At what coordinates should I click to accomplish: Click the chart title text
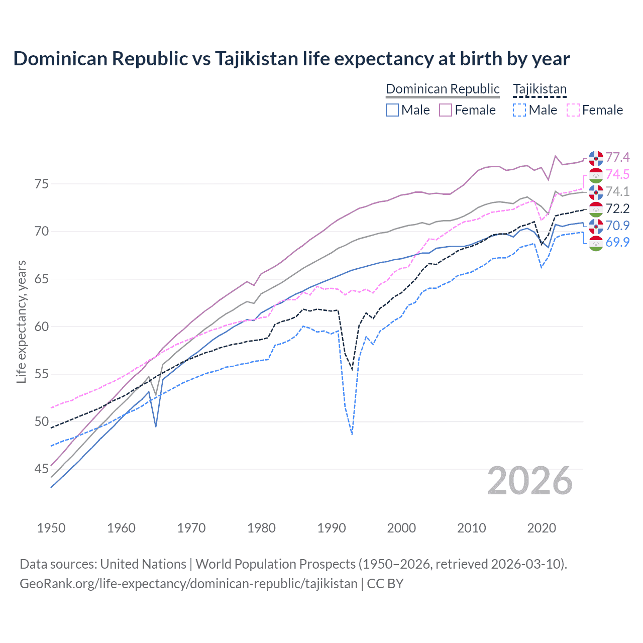[x=291, y=59]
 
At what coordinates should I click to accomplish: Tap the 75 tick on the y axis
[x=42, y=184]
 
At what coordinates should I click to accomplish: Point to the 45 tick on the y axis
[x=42, y=469]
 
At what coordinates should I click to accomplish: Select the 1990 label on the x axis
[x=332, y=528]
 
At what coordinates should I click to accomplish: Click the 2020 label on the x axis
[x=542, y=528]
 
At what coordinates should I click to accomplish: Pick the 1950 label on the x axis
[x=51, y=528]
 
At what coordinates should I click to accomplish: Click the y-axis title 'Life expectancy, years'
[x=22, y=321]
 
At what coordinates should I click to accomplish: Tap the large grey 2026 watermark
[x=530, y=481]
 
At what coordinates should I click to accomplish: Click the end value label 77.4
[x=617, y=158]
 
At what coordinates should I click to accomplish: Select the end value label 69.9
[x=617, y=243]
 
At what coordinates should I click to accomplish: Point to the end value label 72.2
[x=617, y=208]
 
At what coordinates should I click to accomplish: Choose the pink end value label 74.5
[x=617, y=174]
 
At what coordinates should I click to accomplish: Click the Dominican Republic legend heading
[x=443, y=89]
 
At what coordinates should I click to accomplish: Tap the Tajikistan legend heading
[x=540, y=89]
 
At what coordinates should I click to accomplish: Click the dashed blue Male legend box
[x=519, y=110]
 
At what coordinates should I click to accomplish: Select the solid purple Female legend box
[x=446, y=110]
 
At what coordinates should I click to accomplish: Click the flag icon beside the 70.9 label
[x=596, y=226]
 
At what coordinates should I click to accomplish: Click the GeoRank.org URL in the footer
[x=188, y=584]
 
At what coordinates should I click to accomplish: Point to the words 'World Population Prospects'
[x=275, y=564]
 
